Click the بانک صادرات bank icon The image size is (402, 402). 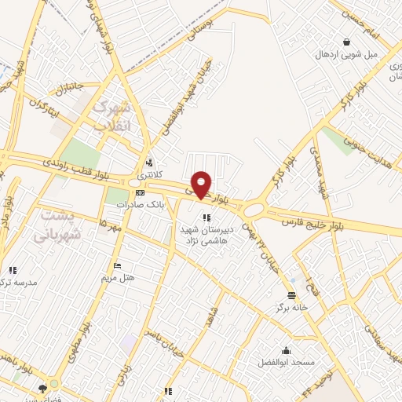[x=140, y=192]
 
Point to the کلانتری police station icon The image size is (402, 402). [x=148, y=155]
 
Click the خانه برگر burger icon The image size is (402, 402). [x=292, y=296]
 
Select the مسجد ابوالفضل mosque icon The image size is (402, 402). [x=285, y=350]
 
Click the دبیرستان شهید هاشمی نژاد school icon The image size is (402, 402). [x=206, y=217]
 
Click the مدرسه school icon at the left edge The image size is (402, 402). [x=13, y=270]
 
